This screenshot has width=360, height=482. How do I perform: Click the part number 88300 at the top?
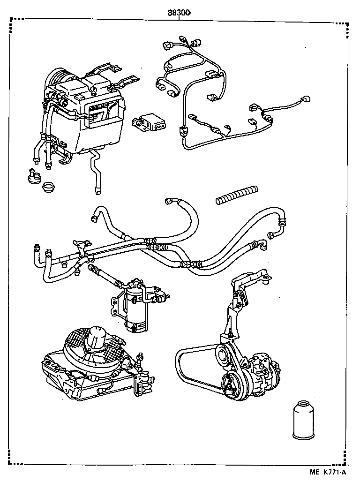point(179,13)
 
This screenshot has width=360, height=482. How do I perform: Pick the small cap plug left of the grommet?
point(34,178)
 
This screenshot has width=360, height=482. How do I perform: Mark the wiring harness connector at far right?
point(307,99)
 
